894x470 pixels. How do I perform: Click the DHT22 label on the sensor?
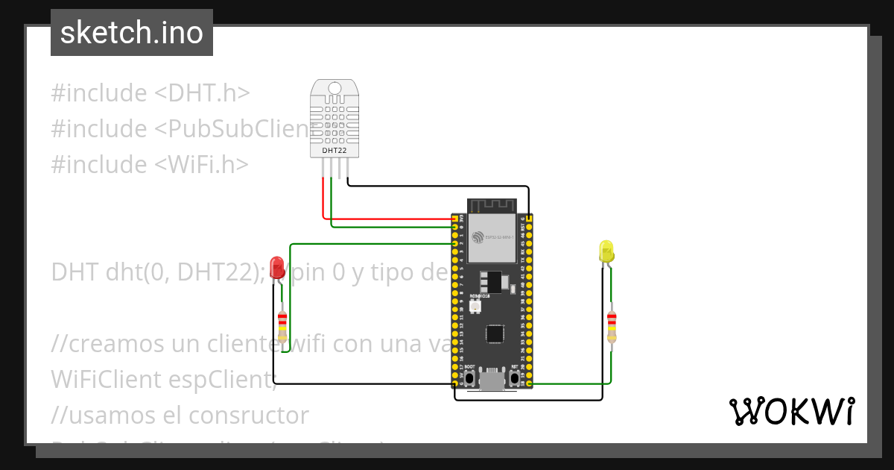[334, 151]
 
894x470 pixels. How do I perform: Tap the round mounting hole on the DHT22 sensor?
[335, 89]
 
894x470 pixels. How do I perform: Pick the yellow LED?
[606, 251]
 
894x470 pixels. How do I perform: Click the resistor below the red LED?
[282, 327]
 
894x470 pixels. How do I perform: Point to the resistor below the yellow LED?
[612, 326]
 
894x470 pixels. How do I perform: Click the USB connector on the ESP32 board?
[491, 381]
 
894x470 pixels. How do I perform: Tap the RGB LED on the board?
[475, 306]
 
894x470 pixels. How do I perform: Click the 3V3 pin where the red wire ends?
[455, 219]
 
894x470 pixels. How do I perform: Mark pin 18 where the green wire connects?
[529, 383]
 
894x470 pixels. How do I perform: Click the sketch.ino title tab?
[132, 33]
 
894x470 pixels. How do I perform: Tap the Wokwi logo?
[791, 411]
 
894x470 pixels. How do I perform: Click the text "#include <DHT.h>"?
[150, 93]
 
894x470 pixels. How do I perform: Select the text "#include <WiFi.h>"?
[150, 164]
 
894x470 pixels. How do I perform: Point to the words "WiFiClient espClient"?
[163, 379]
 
